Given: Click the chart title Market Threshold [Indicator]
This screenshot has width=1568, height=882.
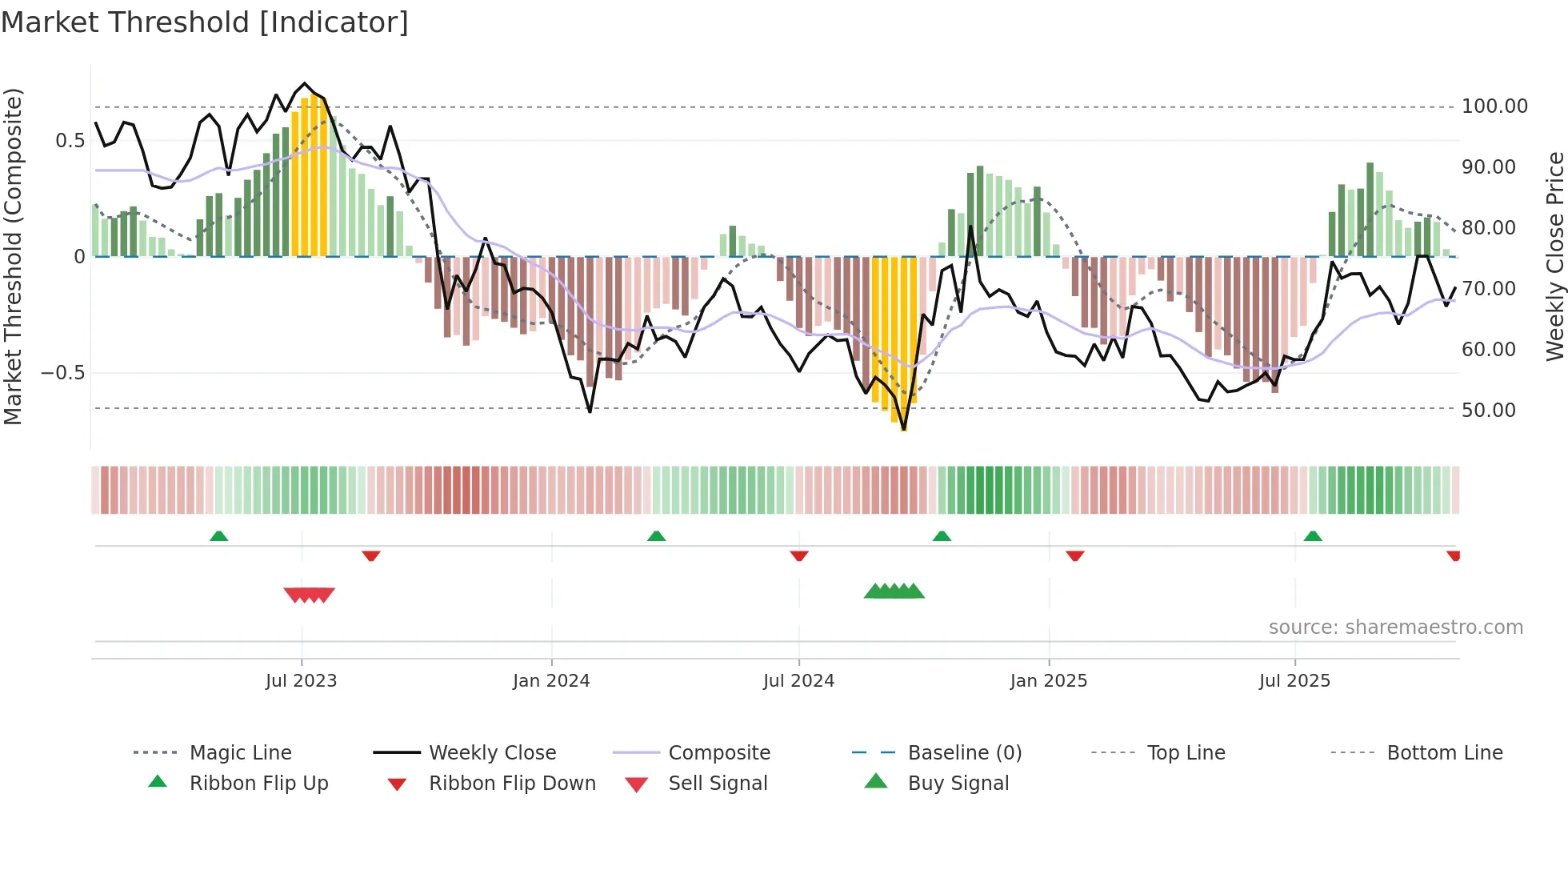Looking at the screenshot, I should pos(205,22).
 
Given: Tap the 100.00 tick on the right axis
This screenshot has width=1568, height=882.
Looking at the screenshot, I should pos(1494,106).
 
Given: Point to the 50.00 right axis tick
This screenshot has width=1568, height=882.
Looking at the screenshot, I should pos(1488,411).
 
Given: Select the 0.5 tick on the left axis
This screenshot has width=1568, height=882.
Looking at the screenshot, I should pos(70,141).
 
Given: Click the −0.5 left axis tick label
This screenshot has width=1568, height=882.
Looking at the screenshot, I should pos(63,373).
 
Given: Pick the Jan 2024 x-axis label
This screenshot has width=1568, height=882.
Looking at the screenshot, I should pos(551,681).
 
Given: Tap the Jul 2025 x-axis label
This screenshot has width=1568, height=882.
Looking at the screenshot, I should pos(1294,681).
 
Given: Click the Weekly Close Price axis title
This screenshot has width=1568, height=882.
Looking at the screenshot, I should pos(1554,256).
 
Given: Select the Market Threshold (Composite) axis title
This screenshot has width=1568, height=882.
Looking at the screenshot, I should pos(13,256).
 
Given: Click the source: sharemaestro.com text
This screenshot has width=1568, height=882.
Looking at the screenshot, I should pos(1395,627).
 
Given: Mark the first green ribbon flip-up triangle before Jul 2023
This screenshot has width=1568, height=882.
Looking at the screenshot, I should pos(218,536).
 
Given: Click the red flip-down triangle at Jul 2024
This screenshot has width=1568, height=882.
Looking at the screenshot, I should pos(798,555).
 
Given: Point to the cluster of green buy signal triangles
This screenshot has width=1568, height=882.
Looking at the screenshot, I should pos(894,591).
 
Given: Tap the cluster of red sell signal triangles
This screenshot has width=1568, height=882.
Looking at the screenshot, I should pos(310,595).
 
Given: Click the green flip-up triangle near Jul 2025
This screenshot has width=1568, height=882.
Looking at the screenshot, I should pos(1312,536).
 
